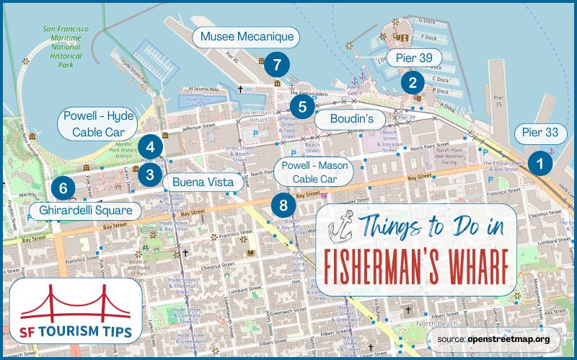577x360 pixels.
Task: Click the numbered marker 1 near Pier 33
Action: pos(538,163)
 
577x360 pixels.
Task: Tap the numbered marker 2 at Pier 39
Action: pos(413,82)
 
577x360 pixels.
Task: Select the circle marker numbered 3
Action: pos(149,174)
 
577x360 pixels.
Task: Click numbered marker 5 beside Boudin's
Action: pos(302,108)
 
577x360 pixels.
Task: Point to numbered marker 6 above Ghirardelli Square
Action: pos(63,189)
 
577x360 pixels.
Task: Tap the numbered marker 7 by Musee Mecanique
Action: pos(273,64)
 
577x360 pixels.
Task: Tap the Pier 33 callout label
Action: pos(541,133)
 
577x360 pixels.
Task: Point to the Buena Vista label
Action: pos(200,182)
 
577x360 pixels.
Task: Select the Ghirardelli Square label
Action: pos(84,211)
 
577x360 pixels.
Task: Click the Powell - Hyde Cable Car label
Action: pos(100,123)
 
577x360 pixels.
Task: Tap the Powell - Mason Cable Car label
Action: pos(315,172)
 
